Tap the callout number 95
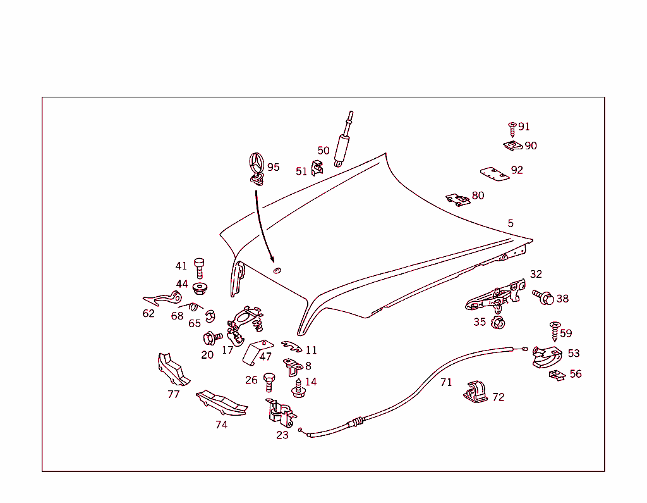(x=273, y=168)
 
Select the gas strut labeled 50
(x=343, y=139)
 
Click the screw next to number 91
(x=512, y=129)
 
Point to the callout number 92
(x=517, y=170)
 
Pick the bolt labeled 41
(x=199, y=269)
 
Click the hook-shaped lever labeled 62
(x=162, y=299)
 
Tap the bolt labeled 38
(x=543, y=297)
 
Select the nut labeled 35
(x=498, y=323)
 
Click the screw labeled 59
(x=555, y=332)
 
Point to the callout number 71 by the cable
(x=446, y=382)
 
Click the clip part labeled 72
(x=475, y=392)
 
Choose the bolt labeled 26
(x=269, y=382)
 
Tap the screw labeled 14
(x=298, y=388)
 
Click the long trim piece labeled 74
(x=222, y=402)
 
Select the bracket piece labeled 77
(x=172, y=369)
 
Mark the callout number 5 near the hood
(x=511, y=223)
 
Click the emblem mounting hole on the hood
(x=277, y=271)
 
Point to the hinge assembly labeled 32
(x=496, y=296)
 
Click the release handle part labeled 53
(x=547, y=357)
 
